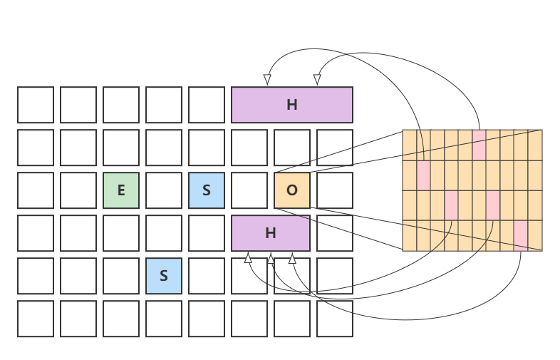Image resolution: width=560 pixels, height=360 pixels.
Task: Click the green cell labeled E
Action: [x=121, y=190]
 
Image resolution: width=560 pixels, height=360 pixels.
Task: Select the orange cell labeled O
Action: [x=292, y=190]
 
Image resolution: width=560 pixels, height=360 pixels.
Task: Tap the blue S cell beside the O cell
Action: [x=207, y=190]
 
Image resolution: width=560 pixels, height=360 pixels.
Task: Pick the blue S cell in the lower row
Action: [x=164, y=276]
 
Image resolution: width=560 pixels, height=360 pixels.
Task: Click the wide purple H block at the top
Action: [x=292, y=105]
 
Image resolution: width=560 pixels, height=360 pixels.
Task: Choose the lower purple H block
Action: [x=271, y=233]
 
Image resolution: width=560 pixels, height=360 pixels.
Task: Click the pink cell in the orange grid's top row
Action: [x=479, y=145]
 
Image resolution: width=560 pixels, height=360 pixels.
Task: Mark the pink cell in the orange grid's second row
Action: [x=423, y=175]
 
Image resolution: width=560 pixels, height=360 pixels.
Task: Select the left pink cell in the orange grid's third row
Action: [x=451, y=205]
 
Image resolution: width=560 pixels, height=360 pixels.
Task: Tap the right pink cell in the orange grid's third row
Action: [x=493, y=205]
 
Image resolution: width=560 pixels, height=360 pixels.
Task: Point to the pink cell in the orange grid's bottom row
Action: [x=521, y=235]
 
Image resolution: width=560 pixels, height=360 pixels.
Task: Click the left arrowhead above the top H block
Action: [x=267, y=79]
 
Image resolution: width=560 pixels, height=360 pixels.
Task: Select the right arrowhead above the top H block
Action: [x=318, y=79]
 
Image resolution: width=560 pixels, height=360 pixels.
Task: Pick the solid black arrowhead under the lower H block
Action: [x=271, y=258]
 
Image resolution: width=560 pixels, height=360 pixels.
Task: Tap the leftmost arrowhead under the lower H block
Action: [x=248, y=258]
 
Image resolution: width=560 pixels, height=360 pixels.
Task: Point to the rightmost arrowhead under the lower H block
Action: [x=292, y=258]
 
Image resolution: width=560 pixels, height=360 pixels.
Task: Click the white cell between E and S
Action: [x=164, y=190]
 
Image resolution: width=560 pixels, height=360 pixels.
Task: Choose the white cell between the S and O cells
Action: [x=249, y=190]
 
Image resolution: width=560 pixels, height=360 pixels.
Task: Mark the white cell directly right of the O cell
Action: [x=335, y=190]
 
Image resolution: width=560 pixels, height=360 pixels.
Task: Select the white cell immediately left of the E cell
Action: [x=78, y=190]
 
